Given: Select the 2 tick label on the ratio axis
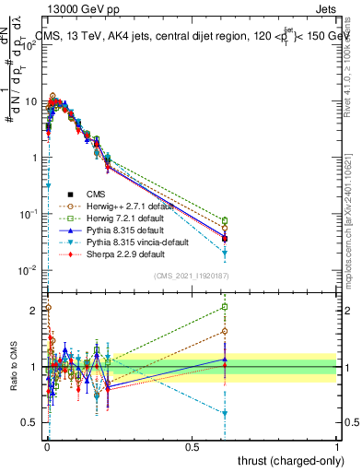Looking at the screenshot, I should [35, 310].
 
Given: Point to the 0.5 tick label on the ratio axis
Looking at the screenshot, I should [30, 423].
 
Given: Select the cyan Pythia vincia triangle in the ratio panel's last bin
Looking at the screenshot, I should [225, 413].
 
